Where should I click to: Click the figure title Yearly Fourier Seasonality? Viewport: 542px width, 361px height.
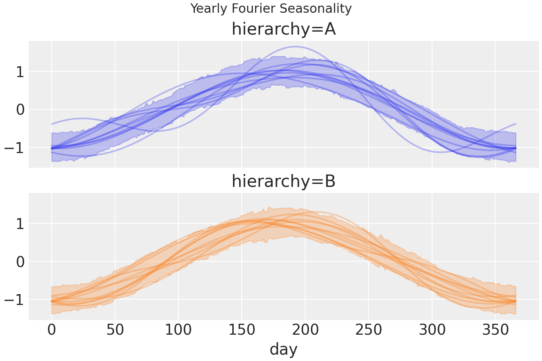click(271, 8)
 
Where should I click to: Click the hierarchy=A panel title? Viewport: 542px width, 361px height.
click(283, 29)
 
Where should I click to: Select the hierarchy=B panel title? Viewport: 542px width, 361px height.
click(283, 182)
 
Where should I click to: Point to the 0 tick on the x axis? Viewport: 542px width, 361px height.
click(52, 331)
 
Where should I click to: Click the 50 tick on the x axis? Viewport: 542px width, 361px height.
click(115, 331)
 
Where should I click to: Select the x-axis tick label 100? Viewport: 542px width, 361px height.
click(178, 331)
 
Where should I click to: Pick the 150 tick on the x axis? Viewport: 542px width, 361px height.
click(242, 331)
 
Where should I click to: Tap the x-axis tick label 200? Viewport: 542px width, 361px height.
click(305, 331)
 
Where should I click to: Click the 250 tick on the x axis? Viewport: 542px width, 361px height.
click(368, 331)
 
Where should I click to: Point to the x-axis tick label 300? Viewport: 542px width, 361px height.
click(432, 331)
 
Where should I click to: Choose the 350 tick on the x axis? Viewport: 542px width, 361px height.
click(495, 331)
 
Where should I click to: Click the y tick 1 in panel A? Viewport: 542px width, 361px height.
click(20, 72)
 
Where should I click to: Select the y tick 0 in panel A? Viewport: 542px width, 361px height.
click(20, 110)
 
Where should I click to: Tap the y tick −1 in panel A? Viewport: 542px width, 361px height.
click(14, 148)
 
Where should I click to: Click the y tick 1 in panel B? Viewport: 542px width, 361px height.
click(20, 224)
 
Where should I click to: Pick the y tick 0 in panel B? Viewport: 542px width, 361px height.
click(20, 262)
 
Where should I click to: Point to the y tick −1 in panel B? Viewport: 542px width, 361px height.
click(14, 300)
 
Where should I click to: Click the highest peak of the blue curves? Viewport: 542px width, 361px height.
click(296, 47)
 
